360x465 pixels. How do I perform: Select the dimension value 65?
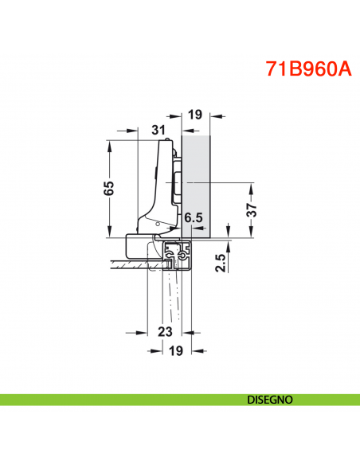click(110, 188)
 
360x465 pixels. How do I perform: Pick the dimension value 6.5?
click(194, 217)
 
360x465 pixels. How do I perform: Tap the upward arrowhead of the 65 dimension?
click(108, 144)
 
